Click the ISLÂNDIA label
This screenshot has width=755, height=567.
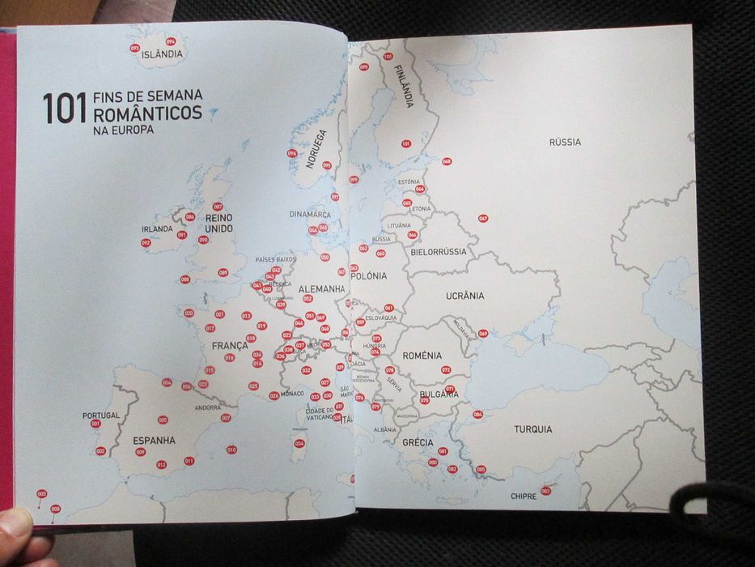(x=162, y=55)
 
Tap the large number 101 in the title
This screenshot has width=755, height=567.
(x=64, y=109)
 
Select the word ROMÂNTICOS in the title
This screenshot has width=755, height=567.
(x=148, y=113)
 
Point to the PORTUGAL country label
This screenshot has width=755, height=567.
(x=101, y=416)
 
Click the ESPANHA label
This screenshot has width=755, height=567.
(x=154, y=441)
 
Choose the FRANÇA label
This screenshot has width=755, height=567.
(x=230, y=346)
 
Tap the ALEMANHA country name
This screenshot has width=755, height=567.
(x=321, y=289)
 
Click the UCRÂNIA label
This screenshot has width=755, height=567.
(x=464, y=296)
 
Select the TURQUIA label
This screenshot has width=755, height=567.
(x=532, y=429)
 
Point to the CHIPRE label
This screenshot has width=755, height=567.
(x=523, y=496)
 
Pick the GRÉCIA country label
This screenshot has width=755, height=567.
(x=418, y=443)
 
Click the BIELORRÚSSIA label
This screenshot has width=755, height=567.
(x=439, y=252)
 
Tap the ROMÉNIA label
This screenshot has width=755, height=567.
(x=422, y=356)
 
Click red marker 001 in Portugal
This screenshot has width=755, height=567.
(x=95, y=424)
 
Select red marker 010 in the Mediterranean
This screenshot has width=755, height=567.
(x=231, y=450)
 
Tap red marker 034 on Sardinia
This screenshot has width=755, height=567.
(x=299, y=443)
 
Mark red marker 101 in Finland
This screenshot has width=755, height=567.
(x=406, y=143)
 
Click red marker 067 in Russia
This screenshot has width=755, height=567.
(x=483, y=219)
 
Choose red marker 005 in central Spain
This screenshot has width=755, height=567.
(x=163, y=420)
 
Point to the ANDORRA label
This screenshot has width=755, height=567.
(x=208, y=407)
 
